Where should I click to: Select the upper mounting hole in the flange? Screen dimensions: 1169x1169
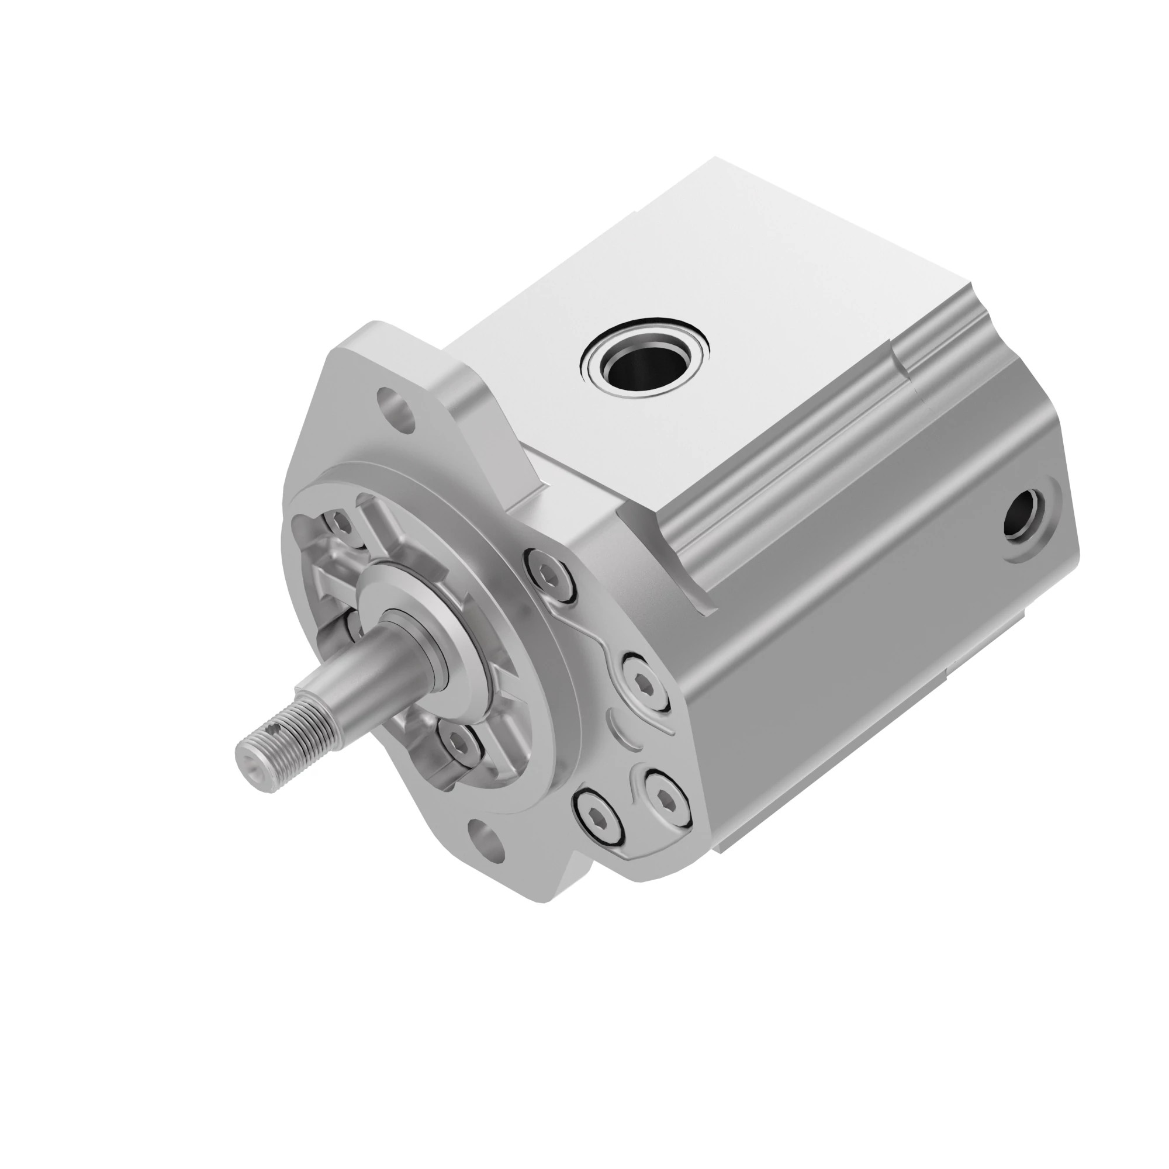(397, 408)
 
